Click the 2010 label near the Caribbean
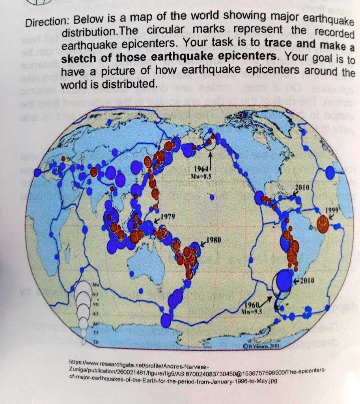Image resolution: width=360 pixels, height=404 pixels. [x=304, y=186]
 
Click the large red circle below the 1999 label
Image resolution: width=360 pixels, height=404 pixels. [x=323, y=224]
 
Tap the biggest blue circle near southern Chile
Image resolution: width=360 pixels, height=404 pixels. [x=284, y=281]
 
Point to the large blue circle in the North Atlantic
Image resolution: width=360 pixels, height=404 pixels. [x=330, y=172]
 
